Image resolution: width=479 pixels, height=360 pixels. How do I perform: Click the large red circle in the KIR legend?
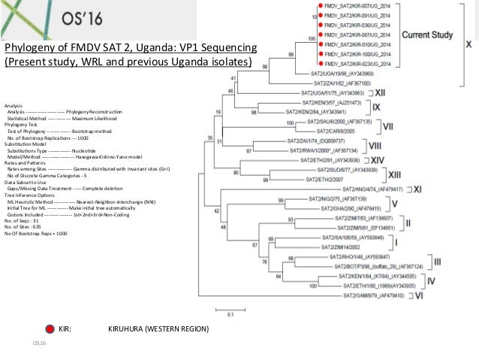(x=50, y=328)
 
